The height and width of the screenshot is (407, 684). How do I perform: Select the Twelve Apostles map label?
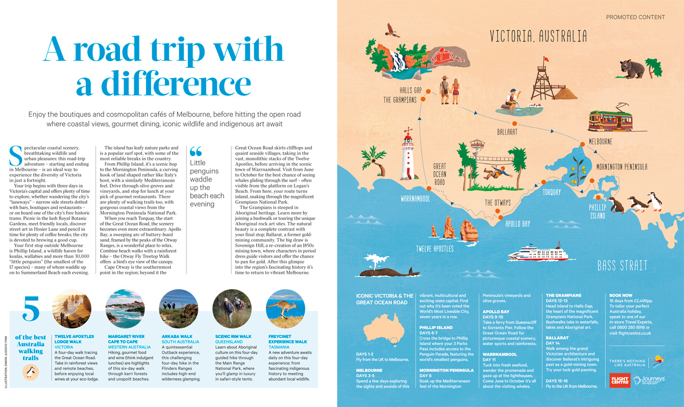point(434,248)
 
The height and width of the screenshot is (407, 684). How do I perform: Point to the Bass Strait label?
point(622,265)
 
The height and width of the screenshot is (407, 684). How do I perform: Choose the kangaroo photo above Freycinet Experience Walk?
point(285,308)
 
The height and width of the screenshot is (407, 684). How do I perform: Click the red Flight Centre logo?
point(620,379)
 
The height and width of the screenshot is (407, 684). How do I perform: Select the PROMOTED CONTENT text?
point(636,17)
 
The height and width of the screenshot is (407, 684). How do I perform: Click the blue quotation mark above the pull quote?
point(196,151)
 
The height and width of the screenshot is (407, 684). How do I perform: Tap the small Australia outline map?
point(382,327)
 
